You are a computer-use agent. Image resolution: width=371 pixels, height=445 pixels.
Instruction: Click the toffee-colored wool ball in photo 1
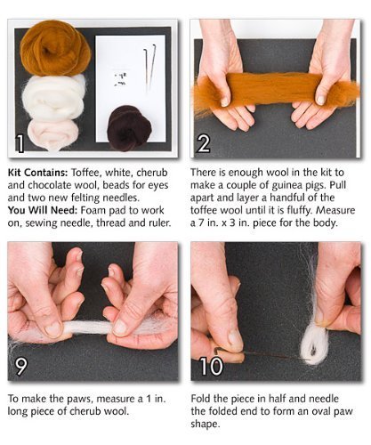(55, 47)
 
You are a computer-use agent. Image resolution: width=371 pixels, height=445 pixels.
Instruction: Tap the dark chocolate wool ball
(129, 128)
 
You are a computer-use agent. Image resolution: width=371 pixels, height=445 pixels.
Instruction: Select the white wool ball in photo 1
(54, 96)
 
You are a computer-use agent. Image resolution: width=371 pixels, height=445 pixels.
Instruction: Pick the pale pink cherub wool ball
(53, 133)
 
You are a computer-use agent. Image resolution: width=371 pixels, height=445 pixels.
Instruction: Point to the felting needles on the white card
(150, 69)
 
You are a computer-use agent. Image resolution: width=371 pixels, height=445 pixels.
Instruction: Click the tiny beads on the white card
(121, 78)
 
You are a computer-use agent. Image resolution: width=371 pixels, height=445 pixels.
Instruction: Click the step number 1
(20, 144)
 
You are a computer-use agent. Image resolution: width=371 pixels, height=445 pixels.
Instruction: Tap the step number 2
(204, 144)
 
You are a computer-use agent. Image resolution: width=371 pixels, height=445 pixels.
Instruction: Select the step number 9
(21, 367)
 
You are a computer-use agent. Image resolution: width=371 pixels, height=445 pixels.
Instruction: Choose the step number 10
(211, 366)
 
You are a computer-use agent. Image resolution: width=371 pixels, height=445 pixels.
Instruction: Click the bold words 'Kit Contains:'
(38, 173)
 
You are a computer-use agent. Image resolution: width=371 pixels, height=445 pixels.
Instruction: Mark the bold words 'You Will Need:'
(43, 210)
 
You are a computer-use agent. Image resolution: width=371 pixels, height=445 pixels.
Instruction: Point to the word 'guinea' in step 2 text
(285, 186)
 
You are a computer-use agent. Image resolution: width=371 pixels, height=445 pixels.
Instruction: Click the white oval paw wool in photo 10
(314, 344)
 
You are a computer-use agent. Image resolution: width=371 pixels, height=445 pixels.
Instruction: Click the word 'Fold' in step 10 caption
(200, 399)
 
